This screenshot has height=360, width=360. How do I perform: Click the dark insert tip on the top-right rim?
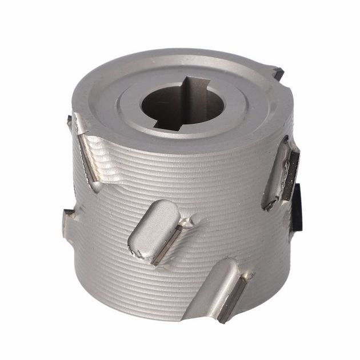tap(278, 73)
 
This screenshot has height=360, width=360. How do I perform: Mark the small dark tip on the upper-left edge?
tap(70, 119)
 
